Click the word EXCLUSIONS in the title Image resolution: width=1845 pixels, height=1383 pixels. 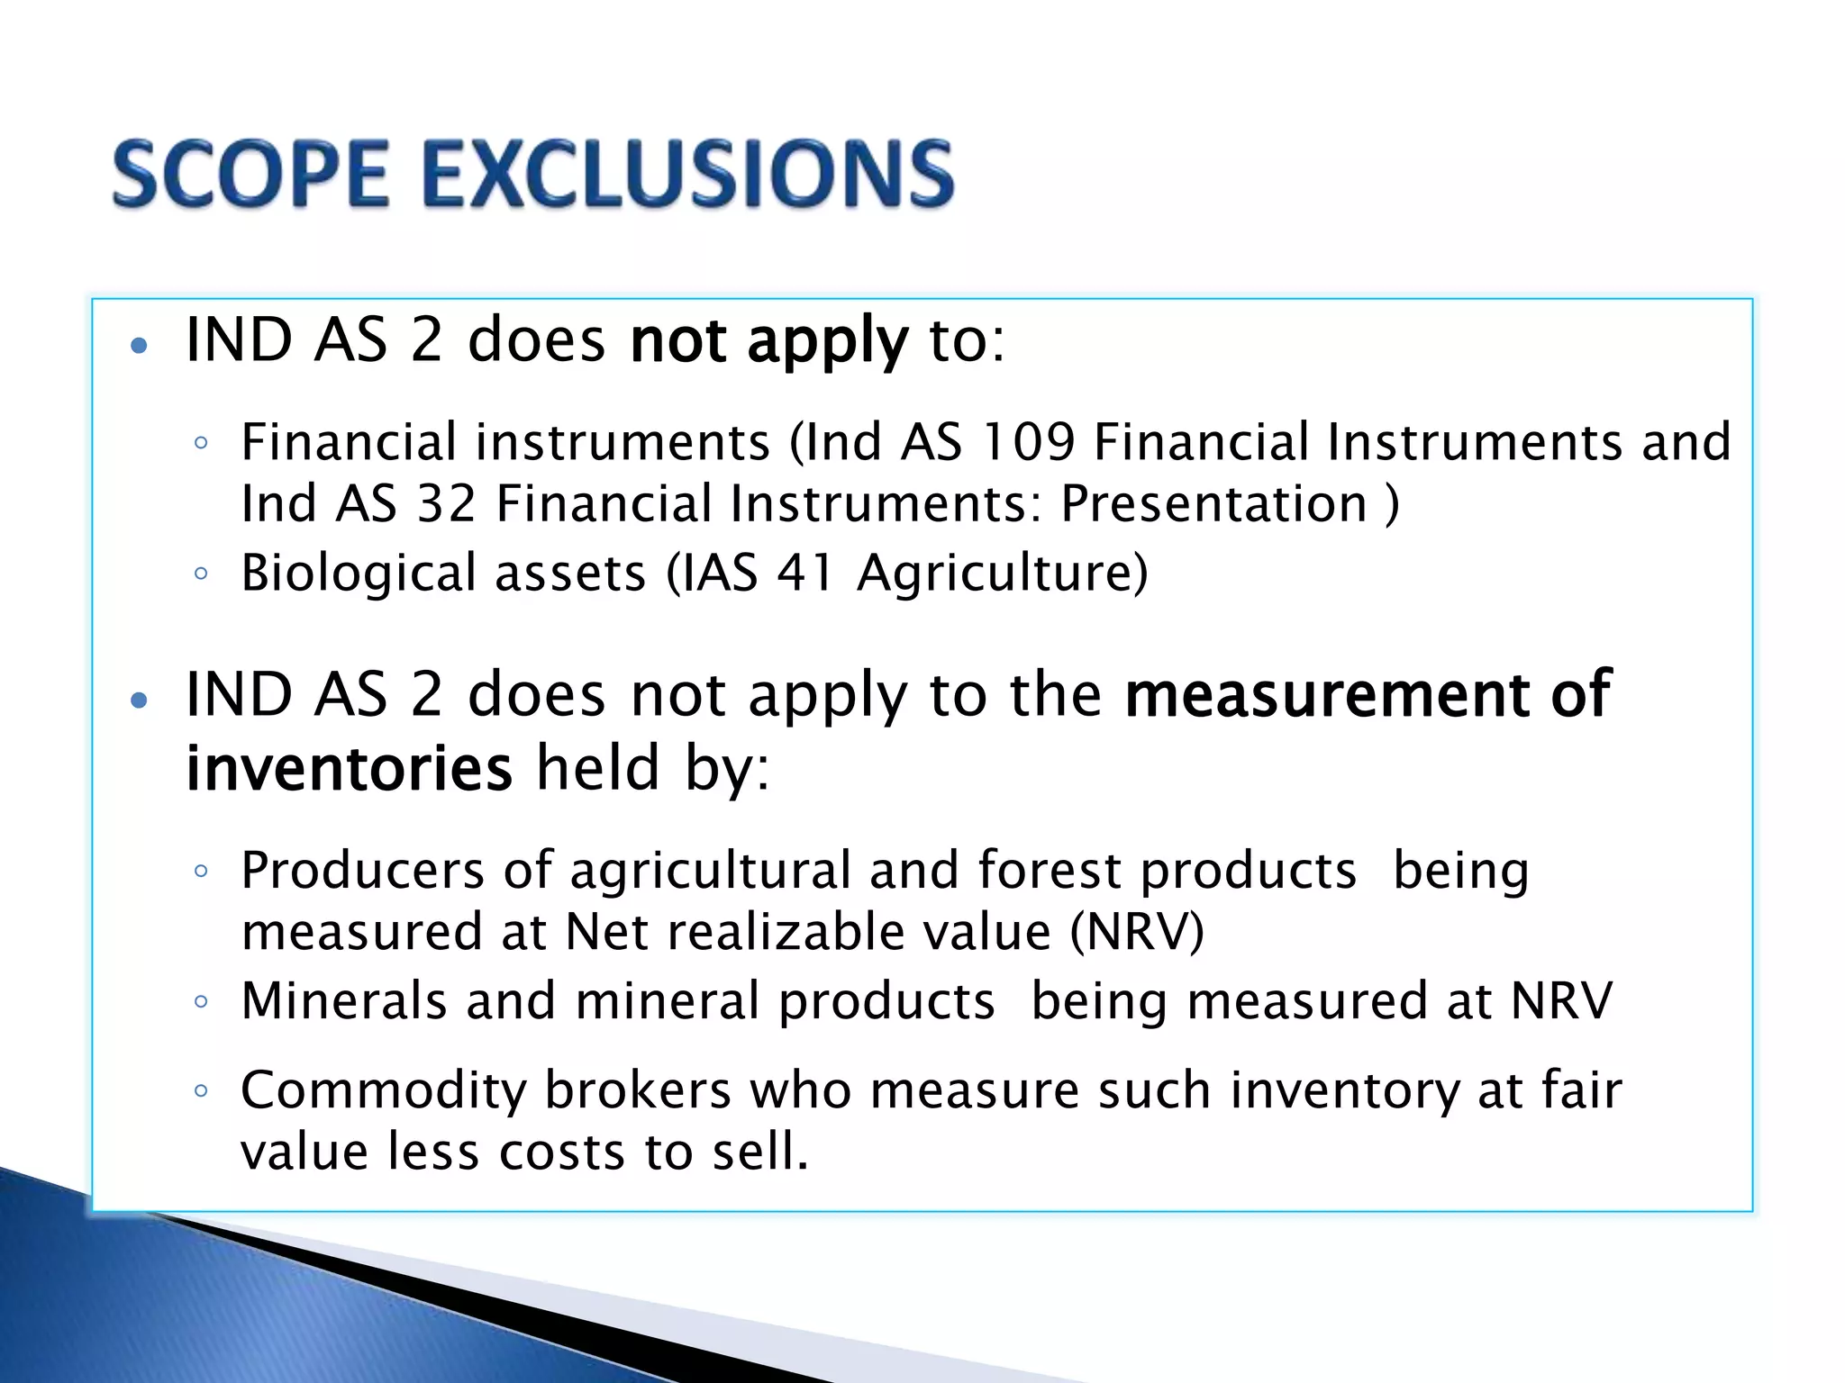[687, 173]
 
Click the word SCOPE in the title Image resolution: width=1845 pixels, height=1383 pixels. [251, 173]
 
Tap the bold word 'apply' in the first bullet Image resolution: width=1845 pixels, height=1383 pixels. [827, 342]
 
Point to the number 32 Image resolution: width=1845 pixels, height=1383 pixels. [447, 503]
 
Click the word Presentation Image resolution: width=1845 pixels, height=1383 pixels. [1213, 503]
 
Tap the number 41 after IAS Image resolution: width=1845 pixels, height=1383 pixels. [804, 573]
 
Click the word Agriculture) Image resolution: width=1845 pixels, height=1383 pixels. [1003, 573]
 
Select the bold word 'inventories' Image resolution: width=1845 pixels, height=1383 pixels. [349, 768]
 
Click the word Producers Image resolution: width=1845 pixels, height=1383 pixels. [363, 871]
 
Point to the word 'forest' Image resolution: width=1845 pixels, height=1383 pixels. [1048, 871]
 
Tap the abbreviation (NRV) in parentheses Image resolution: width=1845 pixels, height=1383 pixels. [1137, 932]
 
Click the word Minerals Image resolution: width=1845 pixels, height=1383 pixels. [344, 1001]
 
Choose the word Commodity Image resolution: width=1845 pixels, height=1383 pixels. [383, 1091]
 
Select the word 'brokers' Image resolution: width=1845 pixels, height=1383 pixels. [638, 1091]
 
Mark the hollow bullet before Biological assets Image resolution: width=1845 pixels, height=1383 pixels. [201, 573]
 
